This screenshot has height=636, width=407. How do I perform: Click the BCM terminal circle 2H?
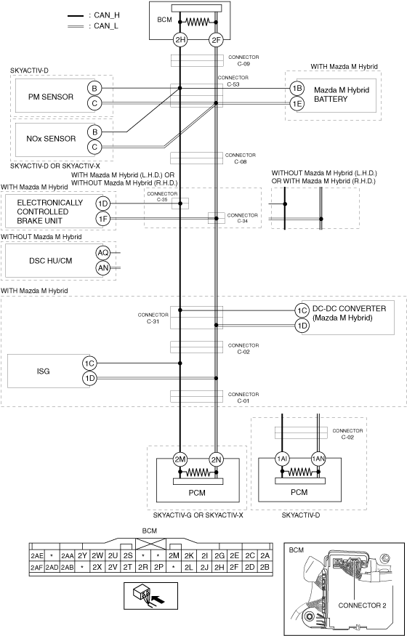point(180,40)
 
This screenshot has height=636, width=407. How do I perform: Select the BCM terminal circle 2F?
point(216,40)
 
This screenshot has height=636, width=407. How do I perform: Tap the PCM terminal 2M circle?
point(180,459)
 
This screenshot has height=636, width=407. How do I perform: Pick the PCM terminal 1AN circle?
point(318,459)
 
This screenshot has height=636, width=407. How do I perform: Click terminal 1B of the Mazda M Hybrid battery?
point(297,89)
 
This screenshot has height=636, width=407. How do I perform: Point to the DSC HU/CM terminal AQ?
point(102,253)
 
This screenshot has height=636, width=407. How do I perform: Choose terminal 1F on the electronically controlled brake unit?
point(102,219)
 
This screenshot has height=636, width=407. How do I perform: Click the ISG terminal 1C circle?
point(89,363)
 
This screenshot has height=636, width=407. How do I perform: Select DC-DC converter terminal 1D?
point(301,326)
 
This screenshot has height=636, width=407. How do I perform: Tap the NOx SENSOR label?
point(51,139)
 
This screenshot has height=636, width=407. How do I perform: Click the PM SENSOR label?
point(51,97)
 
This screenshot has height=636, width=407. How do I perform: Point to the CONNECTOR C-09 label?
point(243,60)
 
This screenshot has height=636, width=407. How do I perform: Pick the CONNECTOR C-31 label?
point(153,318)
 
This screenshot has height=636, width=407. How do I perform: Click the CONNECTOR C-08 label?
point(241,158)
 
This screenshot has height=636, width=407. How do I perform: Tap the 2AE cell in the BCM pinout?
point(37,556)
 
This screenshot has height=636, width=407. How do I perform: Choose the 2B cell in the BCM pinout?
point(265,567)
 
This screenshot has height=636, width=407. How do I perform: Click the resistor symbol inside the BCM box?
point(198,22)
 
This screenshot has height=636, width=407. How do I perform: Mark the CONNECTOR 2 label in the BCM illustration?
point(362,605)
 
